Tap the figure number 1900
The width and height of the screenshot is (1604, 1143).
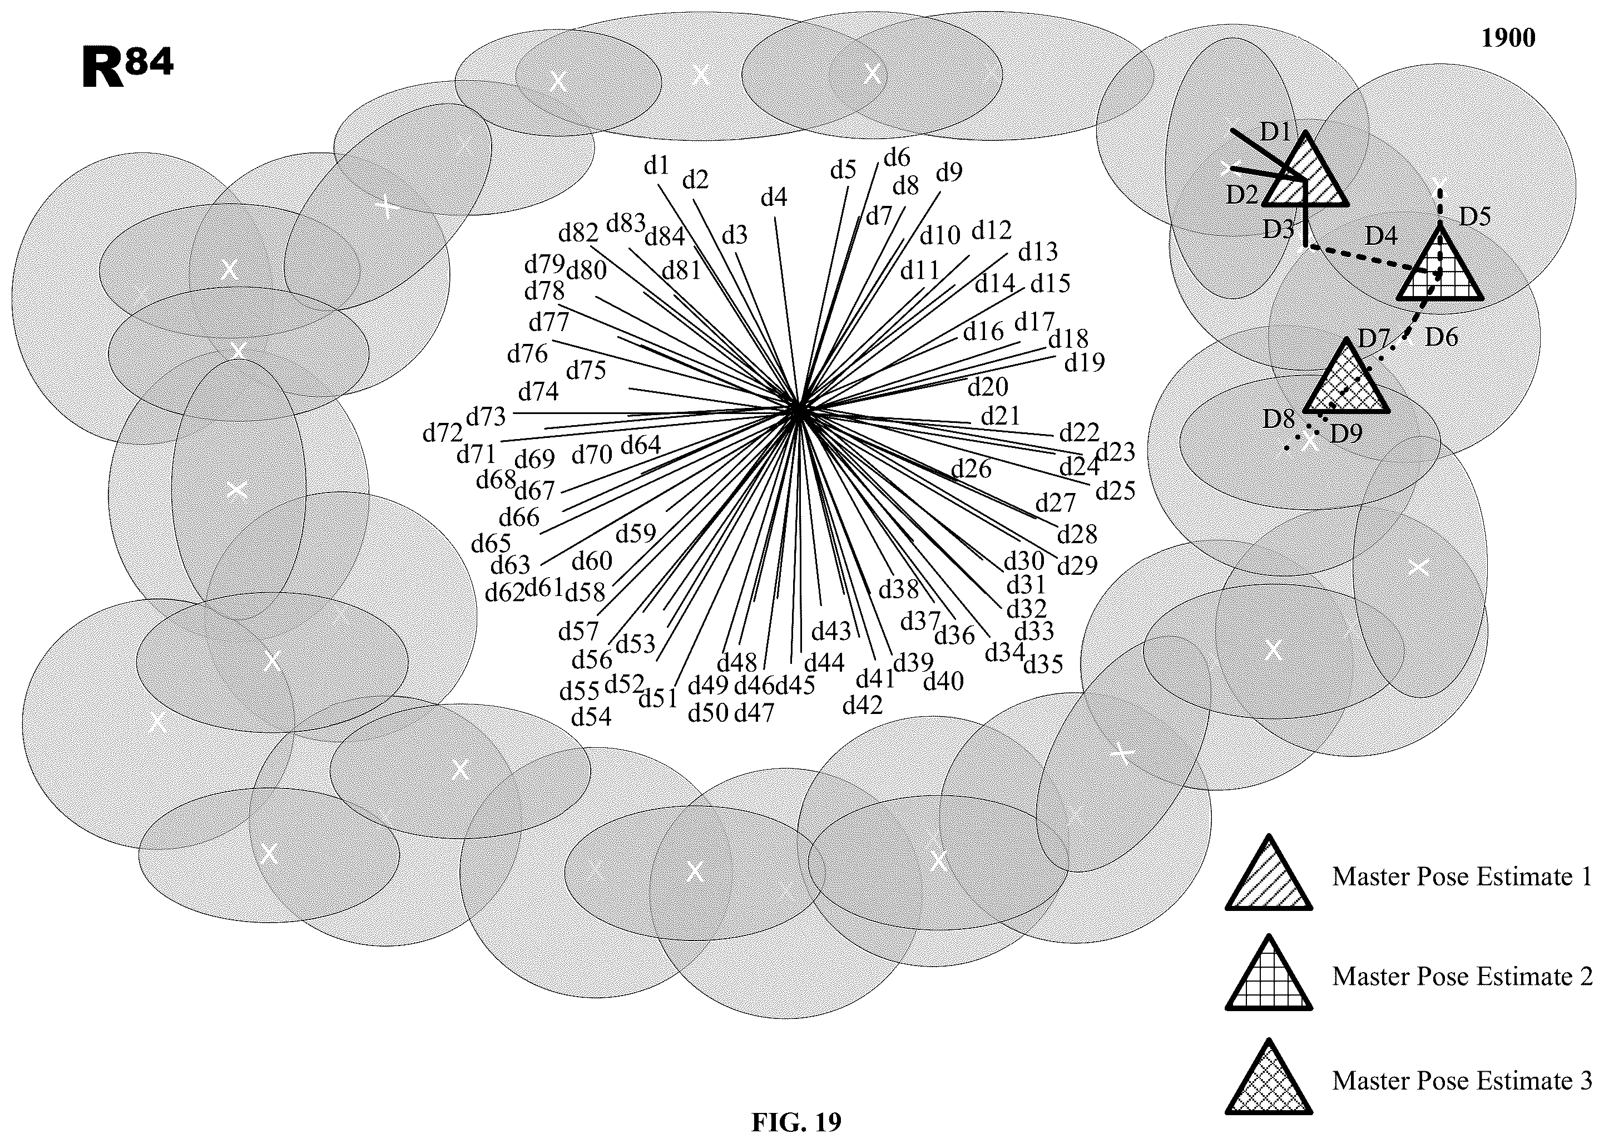pos(1508,37)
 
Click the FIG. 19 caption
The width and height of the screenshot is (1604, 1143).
pos(796,1122)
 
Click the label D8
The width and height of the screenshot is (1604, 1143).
pos(1278,419)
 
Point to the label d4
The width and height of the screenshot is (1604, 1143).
pos(774,198)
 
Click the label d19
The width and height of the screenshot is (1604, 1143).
pos(1084,362)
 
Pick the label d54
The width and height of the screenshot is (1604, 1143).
pos(591,717)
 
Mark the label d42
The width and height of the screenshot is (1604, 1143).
pos(862,704)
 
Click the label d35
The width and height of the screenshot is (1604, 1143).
pos(1043,664)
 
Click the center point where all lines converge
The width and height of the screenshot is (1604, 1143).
pos(799,409)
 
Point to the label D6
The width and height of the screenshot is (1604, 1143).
pos(1442,338)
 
